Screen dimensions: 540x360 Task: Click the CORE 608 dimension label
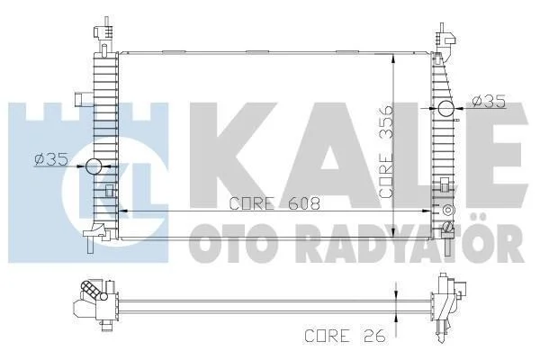coord(274,203)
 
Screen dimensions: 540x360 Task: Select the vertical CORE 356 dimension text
coord(386,151)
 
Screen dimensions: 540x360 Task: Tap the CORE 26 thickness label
coord(345,336)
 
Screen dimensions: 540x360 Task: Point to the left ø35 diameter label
coord(50,159)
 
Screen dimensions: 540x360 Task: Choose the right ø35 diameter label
coord(489,102)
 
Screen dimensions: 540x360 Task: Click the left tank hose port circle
coord(94,166)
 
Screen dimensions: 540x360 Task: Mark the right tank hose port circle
coord(446,109)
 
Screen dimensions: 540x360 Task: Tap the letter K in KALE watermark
coord(233,155)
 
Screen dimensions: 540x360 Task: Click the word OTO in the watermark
coord(232,242)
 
